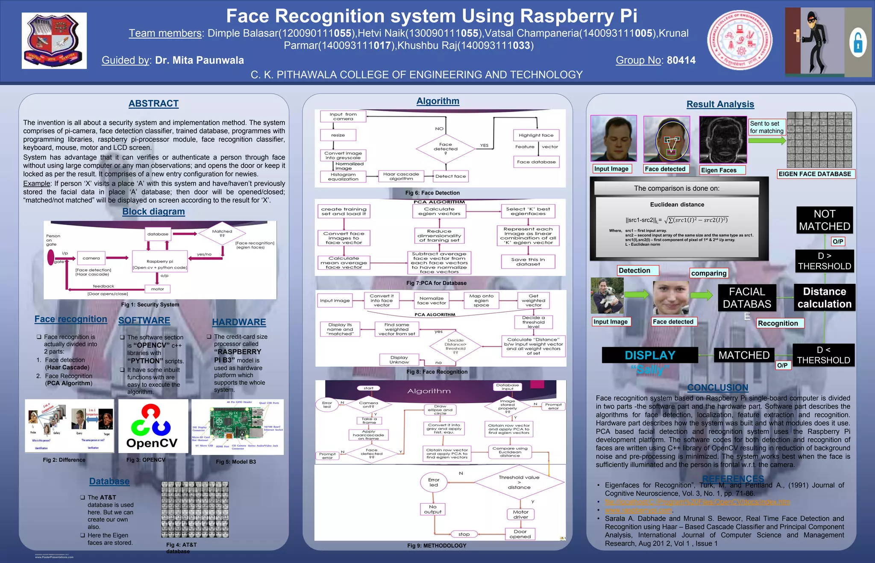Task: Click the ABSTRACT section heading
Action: tap(153, 103)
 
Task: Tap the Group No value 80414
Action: tap(681, 60)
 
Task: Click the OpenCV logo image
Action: tap(153, 426)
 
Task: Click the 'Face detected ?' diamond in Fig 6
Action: tap(446, 147)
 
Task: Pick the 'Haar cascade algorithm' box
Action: tap(401, 177)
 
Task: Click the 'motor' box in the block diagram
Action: tap(157, 289)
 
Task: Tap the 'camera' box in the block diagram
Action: tap(91, 258)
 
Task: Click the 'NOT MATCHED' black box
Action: tap(824, 220)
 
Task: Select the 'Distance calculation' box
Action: tap(824, 298)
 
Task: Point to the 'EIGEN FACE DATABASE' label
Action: tap(814, 174)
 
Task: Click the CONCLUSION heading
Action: tap(717, 388)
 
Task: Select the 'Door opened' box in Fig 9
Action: tap(520, 534)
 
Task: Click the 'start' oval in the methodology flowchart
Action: tap(368, 388)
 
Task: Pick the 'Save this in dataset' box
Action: tap(528, 262)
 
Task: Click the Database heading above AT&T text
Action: tap(109, 481)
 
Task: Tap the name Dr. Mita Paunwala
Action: tap(200, 60)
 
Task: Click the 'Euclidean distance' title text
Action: tap(677, 205)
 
